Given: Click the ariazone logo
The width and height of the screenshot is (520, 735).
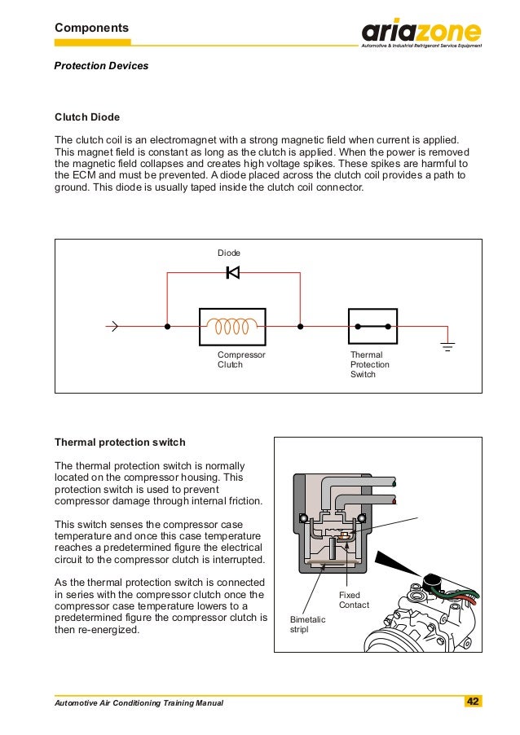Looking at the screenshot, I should click(x=421, y=33).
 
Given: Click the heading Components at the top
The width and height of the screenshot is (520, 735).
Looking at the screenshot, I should click(x=91, y=29).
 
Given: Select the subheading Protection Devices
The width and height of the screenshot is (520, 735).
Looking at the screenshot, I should click(x=101, y=65).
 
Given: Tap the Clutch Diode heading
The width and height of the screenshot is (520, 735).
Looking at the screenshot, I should click(x=86, y=117).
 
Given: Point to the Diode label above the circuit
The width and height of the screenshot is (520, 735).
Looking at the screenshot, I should click(x=229, y=253).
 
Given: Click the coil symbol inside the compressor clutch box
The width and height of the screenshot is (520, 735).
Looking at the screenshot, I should click(x=232, y=328).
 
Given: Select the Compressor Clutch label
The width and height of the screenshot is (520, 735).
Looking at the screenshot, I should click(x=241, y=360).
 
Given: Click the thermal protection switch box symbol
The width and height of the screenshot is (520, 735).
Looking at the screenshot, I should click(x=372, y=328).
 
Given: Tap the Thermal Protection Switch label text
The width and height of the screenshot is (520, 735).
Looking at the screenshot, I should click(x=370, y=365).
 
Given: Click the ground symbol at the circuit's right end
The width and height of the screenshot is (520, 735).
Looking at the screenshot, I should click(x=447, y=345).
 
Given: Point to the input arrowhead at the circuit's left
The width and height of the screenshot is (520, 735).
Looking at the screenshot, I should click(x=113, y=328).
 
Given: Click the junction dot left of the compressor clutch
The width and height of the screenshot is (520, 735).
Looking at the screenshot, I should click(x=167, y=328).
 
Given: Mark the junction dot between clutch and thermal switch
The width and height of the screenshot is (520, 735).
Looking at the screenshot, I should click(x=300, y=328).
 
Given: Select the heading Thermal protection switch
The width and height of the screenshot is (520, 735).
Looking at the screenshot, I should click(x=120, y=442).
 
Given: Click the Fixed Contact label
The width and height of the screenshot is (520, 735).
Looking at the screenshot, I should click(x=354, y=600).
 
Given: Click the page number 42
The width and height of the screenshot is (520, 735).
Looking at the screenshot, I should click(x=472, y=702).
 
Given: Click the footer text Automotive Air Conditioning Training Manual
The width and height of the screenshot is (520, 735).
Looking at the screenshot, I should click(x=138, y=702).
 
